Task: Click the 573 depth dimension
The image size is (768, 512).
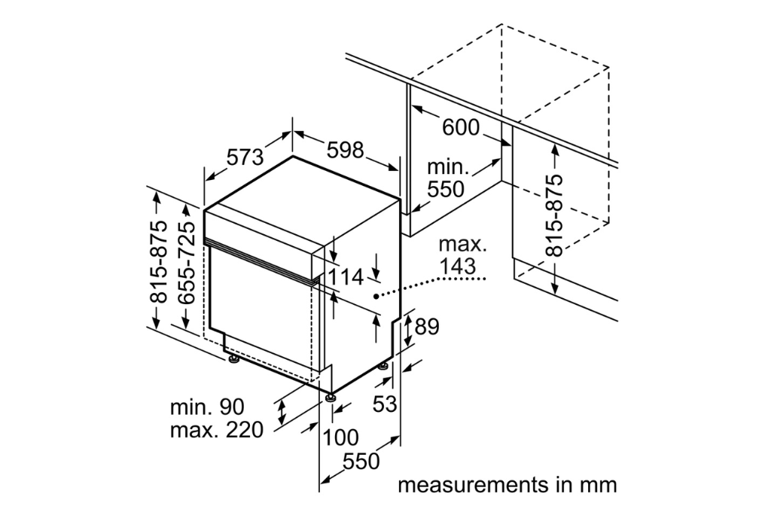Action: (245, 157)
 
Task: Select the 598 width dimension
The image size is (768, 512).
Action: (346, 149)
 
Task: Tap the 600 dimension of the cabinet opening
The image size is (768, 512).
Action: (460, 127)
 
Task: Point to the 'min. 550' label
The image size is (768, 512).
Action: (446, 178)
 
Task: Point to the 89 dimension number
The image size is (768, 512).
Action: (426, 326)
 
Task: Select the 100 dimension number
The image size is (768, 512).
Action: (340, 437)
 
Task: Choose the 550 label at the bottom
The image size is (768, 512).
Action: (361, 462)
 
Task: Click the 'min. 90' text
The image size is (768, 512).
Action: (207, 407)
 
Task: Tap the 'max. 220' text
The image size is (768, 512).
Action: (216, 431)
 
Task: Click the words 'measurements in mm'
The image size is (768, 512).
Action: (507, 484)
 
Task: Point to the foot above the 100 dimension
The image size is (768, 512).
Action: (331, 395)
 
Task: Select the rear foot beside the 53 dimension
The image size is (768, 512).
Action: (384, 366)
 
